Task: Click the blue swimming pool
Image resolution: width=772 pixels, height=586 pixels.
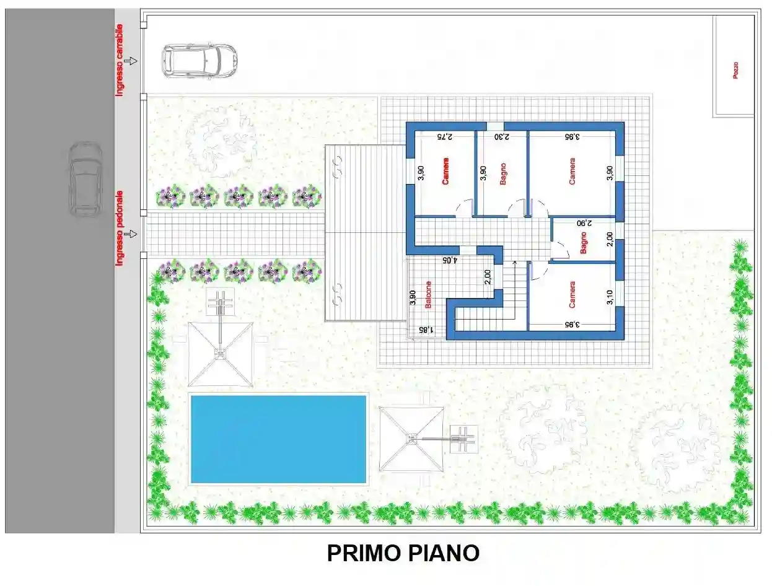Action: tap(278, 439)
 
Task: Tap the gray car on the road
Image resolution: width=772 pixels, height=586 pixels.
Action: tap(85, 179)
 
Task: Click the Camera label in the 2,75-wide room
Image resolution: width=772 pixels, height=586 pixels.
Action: tap(445, 171)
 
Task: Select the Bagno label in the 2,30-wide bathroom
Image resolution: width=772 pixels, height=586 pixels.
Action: tap(502, 173)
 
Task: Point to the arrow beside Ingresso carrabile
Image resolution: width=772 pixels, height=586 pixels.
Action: tap(131, 61)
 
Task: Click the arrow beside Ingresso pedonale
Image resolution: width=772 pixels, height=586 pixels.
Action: tap(130, 234)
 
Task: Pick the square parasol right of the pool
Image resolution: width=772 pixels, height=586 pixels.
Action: tap(411, 439)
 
